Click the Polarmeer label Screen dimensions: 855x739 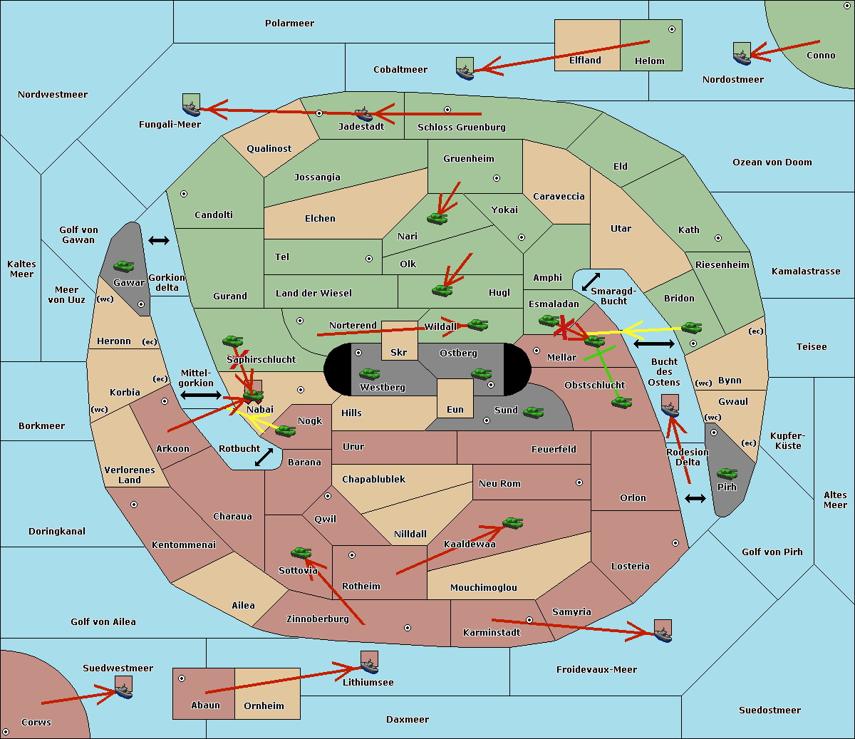289,24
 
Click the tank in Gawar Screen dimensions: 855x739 124,266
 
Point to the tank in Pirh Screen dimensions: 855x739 727,473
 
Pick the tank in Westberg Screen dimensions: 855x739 369,374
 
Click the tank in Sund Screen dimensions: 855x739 533,412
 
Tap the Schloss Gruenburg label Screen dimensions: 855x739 462,127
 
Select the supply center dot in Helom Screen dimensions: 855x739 672,29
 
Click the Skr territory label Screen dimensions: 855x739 399,352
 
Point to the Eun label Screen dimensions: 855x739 455,409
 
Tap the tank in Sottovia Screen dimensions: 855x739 301,552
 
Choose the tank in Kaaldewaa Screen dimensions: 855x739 512,522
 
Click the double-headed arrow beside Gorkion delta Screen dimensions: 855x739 159,240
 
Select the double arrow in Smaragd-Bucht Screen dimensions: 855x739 591,281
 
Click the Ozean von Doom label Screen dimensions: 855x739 772,162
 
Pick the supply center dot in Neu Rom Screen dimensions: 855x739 579,482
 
